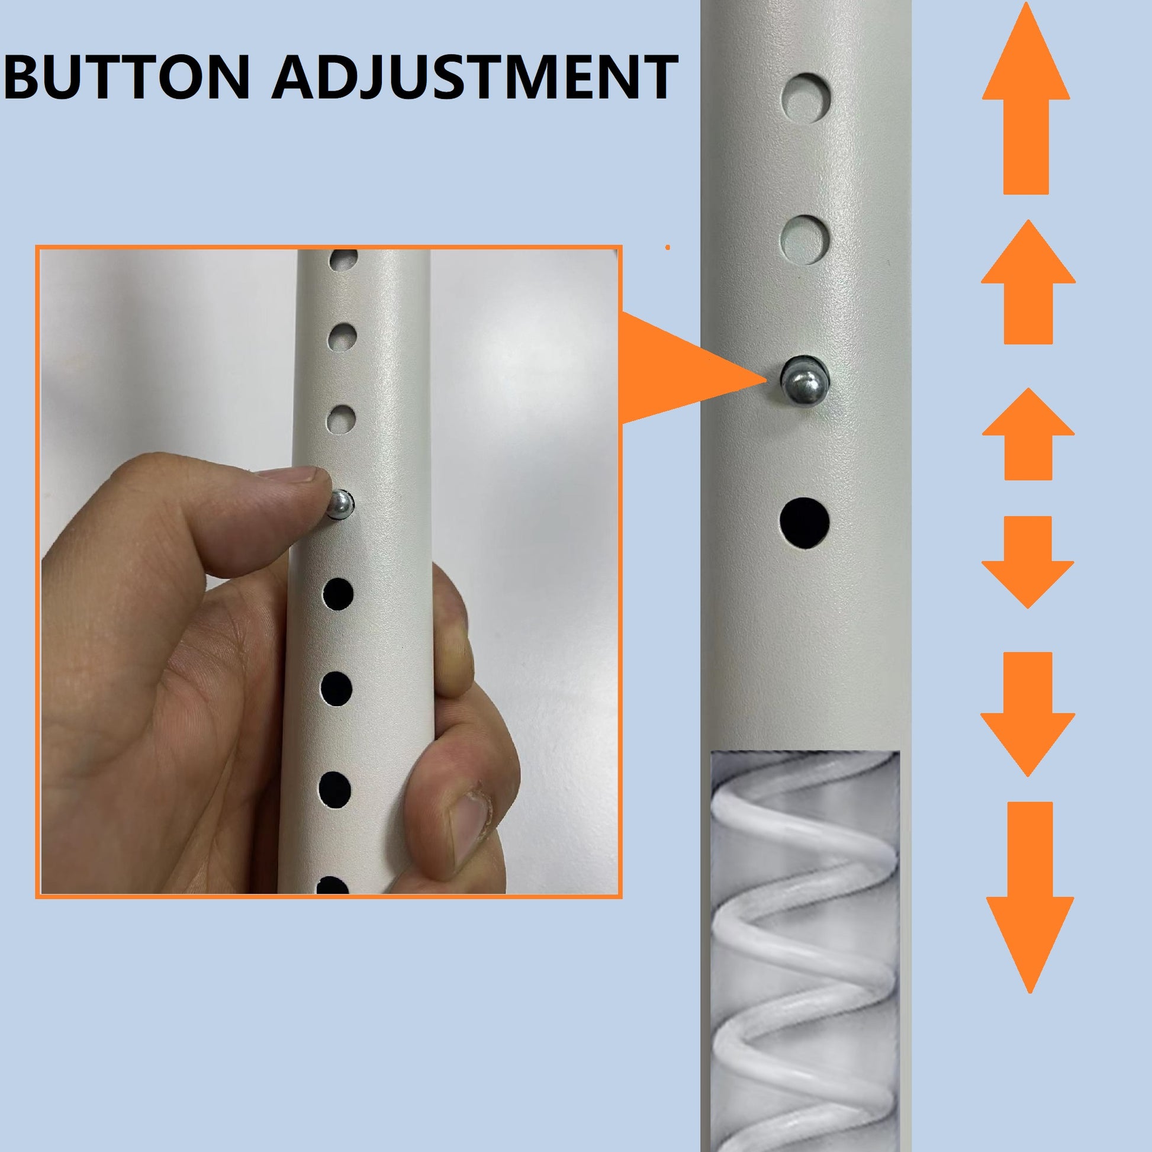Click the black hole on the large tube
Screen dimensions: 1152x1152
click(x=805, y=523)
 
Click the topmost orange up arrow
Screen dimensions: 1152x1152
click(x=1025, y=101)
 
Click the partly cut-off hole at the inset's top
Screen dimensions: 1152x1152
click(x=344, y=258)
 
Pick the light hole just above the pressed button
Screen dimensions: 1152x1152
click(x=340, y=418)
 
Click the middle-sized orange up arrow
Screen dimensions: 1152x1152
click(x=1028, y=280)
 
